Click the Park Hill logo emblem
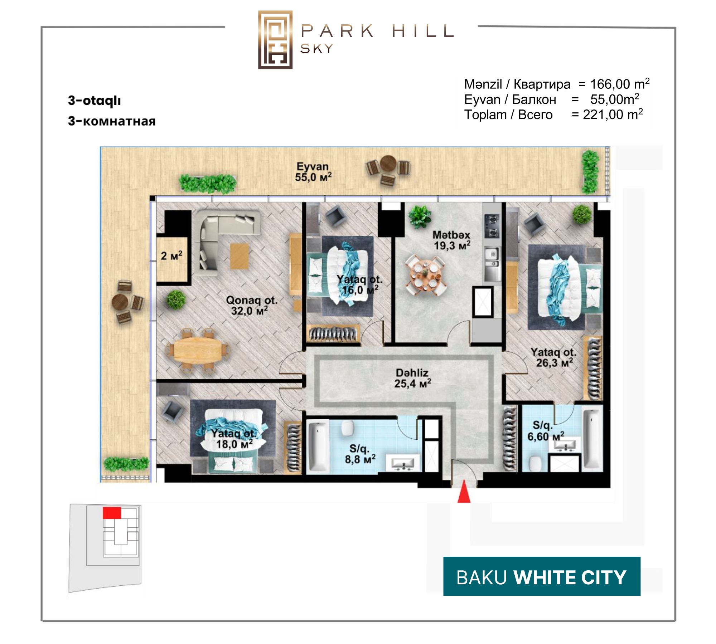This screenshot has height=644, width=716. coord(275,40)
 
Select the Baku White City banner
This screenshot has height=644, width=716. coord(542,576)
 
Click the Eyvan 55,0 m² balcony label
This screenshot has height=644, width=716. coord(313,172)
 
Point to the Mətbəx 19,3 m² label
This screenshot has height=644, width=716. coord(452,240)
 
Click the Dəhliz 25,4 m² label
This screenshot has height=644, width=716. coord(412,378)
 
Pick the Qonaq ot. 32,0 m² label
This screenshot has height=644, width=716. coord(252,305)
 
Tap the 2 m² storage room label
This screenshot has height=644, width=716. coord(171,255)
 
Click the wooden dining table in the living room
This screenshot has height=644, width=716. coord(198,351)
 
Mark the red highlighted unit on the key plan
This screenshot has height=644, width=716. coord(112,513)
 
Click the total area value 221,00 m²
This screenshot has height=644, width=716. coord(613,114)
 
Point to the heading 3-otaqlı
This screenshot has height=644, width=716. coord(95,101)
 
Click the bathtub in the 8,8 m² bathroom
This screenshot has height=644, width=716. coord(318,446)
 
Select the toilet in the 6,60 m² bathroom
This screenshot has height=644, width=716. coord(536,464)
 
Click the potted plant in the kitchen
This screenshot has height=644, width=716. coord(420,216)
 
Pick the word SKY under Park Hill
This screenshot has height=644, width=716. coord(317,49)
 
